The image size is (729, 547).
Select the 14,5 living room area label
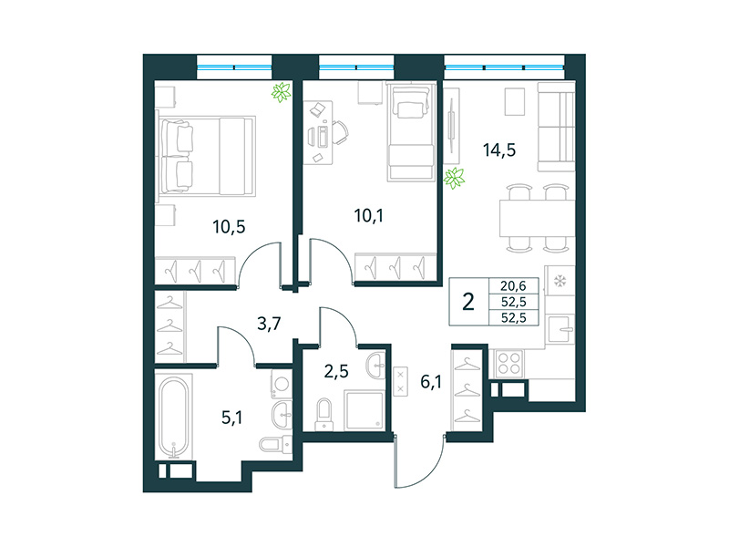coord(498,150)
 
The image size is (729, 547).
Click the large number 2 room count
coord(468,302)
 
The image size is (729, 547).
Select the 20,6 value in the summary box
coord(515,285)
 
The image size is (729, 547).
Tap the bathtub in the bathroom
coord(172,419)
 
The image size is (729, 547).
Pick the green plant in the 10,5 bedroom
coord(282,92)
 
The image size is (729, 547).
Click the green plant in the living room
coord(453,178)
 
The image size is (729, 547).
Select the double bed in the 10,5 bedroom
coord(205,156)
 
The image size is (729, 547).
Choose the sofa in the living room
coord(554,127)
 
